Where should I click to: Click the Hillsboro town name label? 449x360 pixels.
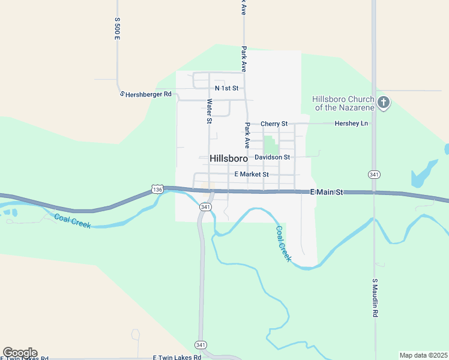point(229,158)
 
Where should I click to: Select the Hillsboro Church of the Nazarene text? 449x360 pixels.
point(343,103)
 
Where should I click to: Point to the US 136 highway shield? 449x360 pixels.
point(157,189)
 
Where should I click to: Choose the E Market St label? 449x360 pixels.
point(252,174)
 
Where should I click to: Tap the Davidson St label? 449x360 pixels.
point(272,157)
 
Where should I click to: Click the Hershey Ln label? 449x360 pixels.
point(352,124)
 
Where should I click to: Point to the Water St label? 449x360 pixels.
point(209,112)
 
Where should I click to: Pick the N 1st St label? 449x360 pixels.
point(226,88)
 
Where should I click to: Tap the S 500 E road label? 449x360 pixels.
point(118,29)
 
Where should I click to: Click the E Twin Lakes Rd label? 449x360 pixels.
point(176,357)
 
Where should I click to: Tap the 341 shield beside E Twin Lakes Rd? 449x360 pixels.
point(201,344)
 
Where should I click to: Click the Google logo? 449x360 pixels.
point(20,353)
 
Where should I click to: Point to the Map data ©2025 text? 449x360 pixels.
point(423,355)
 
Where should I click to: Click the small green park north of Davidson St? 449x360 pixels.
point(271,144)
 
